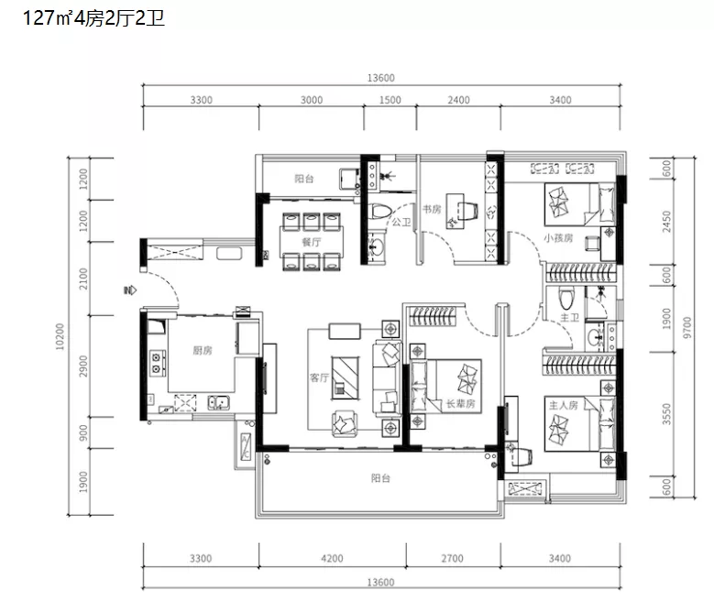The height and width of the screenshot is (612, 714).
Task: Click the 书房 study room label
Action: coord(432,209)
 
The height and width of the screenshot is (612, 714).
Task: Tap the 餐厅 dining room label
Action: coord(312,242)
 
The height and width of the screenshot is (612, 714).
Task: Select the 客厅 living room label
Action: coord(319,377)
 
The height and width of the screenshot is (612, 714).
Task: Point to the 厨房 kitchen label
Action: coord(203,350)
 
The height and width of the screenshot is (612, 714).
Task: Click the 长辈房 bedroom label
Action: coord(460,404)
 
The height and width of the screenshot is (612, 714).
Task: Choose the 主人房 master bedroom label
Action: coord(564,405)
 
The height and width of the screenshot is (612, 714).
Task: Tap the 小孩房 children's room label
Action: coord(558,238)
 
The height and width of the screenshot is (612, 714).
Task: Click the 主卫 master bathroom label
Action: coord(569,318)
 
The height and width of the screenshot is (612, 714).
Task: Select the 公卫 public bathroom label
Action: coord(401,222)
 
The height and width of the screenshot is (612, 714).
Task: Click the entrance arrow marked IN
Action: coord(130,290)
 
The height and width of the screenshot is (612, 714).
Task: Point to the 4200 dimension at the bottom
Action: coord(332,558)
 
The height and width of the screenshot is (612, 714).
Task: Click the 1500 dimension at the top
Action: coord(390,100)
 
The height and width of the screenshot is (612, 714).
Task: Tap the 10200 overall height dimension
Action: coord(60,337)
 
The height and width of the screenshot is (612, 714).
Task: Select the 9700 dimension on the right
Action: coord(687,328)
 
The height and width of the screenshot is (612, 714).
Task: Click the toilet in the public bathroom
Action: coord(379,212)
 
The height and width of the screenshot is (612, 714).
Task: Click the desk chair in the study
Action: coord(469,210)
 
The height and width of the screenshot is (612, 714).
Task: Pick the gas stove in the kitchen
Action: coord(157,363)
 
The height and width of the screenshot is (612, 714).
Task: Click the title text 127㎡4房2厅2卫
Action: coord(93,18)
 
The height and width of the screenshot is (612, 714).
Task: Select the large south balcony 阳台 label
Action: coord(380,478)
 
